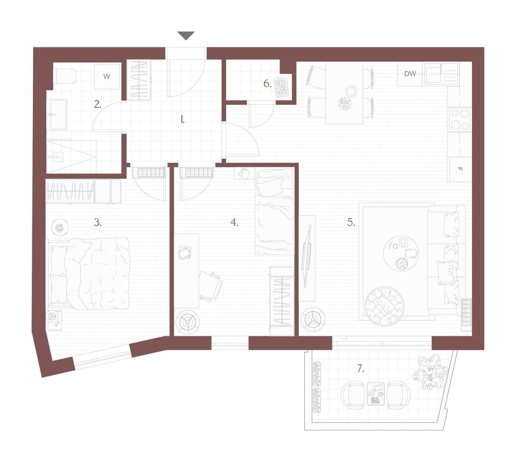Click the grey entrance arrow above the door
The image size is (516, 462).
(x=186, y=35)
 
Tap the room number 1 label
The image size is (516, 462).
(x=182, y=120)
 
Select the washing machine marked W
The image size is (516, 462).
(x=106, y=77)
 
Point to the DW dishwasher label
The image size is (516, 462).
(x=410, y=74)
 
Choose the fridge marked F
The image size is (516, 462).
(x=460, y=169)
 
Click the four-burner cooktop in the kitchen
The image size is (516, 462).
(x=460, y=119)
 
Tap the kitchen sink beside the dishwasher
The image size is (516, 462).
(x=441, y=74)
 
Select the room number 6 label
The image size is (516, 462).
(x=267, y=84)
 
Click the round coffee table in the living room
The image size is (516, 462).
(x=401, y=253)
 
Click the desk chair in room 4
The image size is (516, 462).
(x=210, y=285)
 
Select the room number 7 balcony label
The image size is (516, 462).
(x=361, y=369)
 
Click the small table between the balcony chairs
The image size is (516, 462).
(x=376, y=393)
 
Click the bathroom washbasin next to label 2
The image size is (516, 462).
(x=59, y=114)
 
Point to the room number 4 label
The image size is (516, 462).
(x=234, y=222)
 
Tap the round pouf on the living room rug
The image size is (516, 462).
(x=384, y=306)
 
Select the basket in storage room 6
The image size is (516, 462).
(x=281, y=87)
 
